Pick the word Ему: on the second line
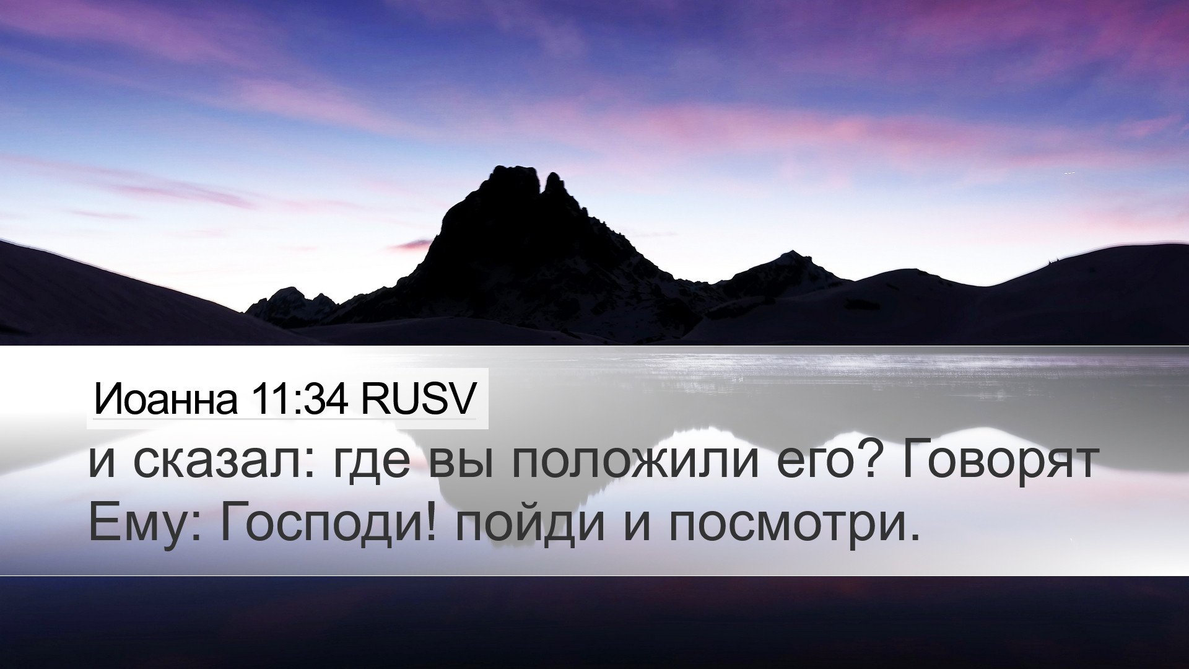[x=145, y=525]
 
